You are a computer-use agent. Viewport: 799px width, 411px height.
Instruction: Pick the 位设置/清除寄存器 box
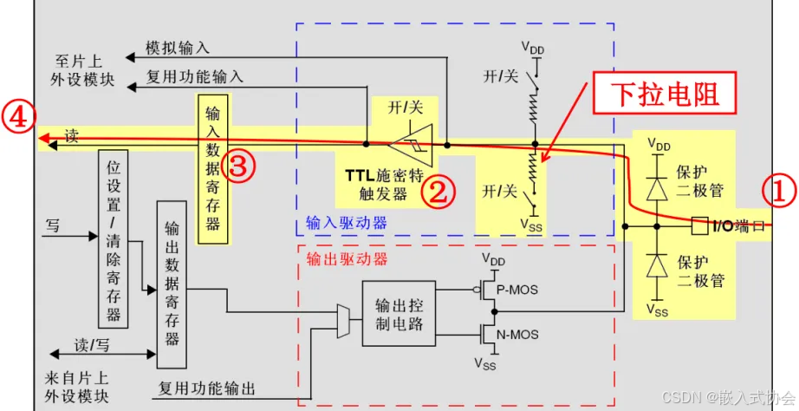click(113, 241)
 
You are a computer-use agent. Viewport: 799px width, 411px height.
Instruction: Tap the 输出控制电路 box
click(399, 314)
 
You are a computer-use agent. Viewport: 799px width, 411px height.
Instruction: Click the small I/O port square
click(698, 228)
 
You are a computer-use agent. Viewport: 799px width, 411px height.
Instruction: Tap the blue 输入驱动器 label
click(346, 223)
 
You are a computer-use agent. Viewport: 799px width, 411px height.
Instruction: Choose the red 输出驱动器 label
click(347, 258)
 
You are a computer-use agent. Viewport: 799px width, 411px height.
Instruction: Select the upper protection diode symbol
click(659, 188)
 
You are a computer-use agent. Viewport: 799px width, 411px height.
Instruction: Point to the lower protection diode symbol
click(659, 268)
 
